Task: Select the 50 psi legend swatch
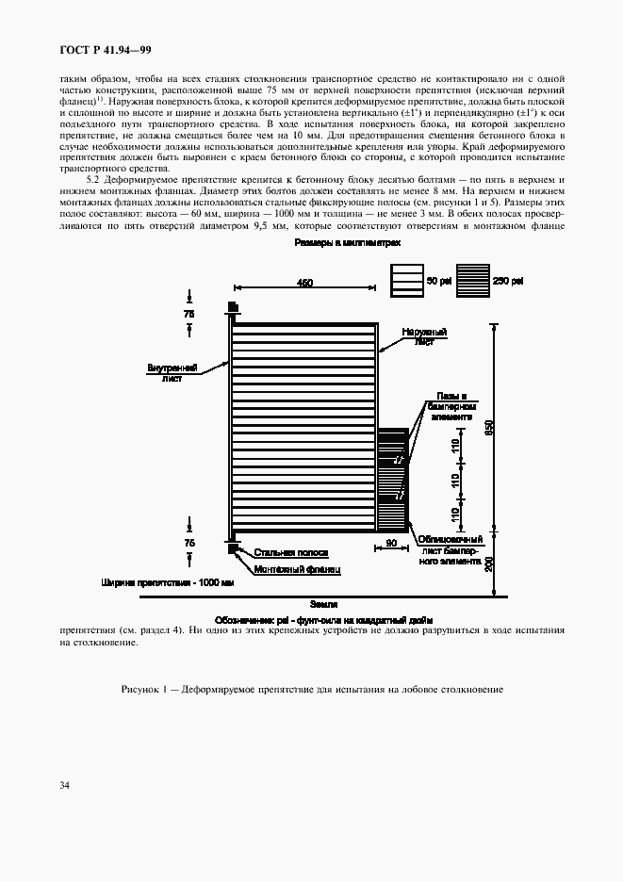point(406,281)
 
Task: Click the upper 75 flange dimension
point(190,312)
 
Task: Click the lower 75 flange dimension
point(190,544)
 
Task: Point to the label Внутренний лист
point(172,371)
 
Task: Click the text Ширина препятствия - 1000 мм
point(167,582)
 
